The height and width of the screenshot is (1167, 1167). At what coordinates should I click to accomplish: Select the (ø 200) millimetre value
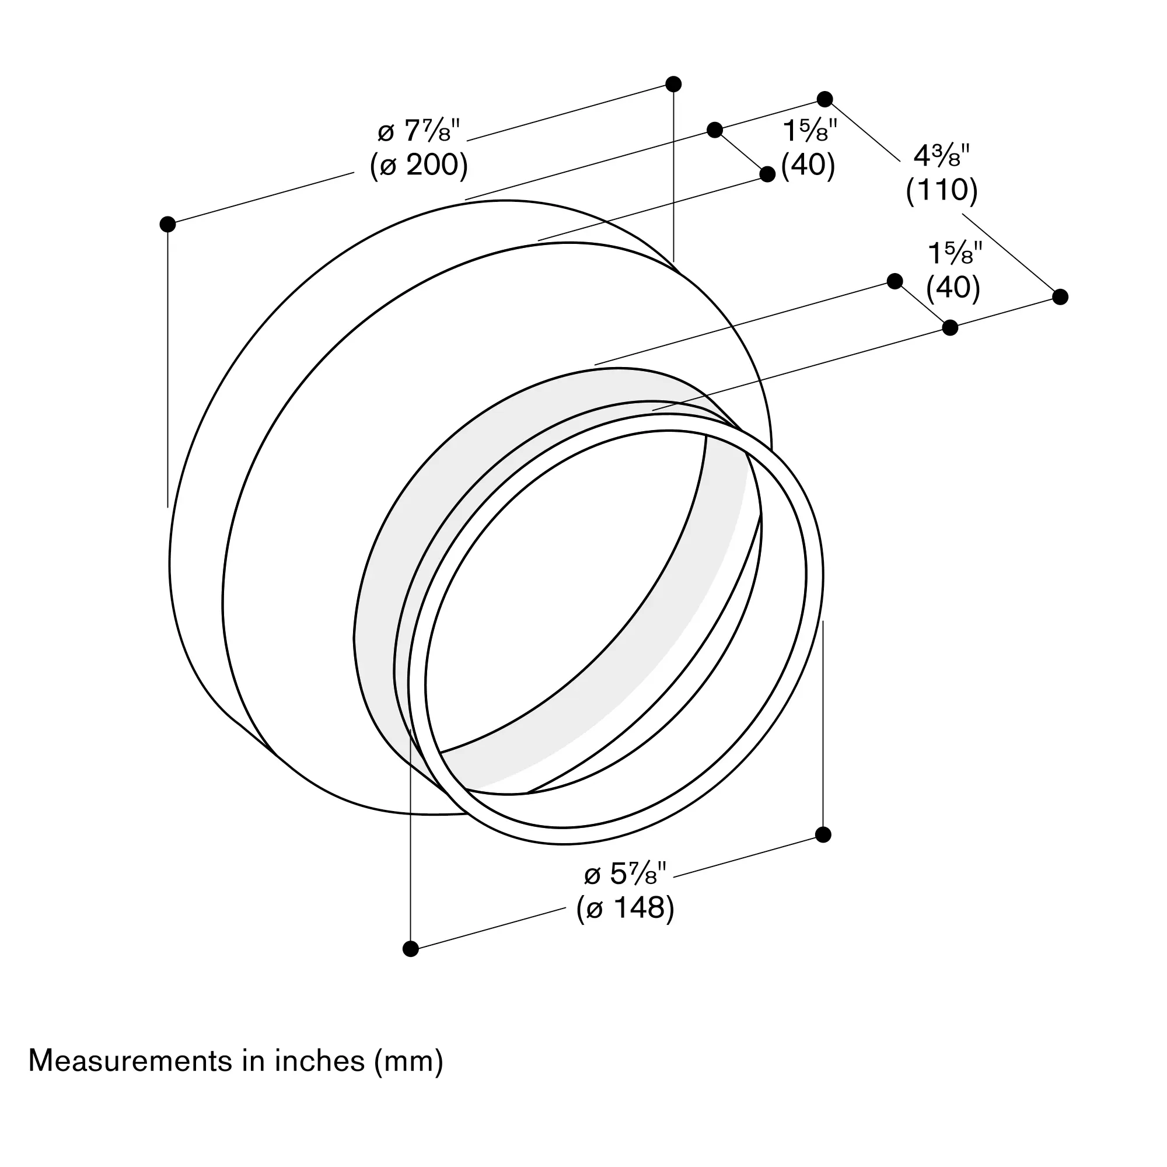click(418, 164)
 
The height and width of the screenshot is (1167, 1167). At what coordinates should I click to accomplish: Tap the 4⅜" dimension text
click(941, 157)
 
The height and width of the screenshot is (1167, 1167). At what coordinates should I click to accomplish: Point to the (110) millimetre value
click(941, 190)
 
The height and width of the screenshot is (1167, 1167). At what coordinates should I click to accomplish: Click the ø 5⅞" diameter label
click(625, 873)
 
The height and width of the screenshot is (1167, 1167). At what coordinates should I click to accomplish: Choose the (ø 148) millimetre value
click(625, 908)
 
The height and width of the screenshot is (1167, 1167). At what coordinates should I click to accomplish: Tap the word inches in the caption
click(320, 1061)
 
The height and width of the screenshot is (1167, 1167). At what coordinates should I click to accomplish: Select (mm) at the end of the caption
click(409, 1062)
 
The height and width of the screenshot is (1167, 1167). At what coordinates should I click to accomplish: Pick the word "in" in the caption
click(254, 1061)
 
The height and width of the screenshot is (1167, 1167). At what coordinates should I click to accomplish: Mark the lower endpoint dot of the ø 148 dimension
click(411, 949)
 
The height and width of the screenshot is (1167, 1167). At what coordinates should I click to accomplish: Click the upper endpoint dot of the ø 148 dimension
click(823, 835)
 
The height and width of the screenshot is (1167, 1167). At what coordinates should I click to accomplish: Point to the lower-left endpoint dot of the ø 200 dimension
click(167, 224)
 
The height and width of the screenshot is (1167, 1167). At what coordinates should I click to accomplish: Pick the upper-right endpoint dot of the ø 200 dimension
click(673, 84)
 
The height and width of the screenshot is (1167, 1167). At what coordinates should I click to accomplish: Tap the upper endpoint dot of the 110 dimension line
click(824, 99)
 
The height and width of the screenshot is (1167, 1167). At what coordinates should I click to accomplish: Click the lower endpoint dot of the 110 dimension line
click(1060, 296)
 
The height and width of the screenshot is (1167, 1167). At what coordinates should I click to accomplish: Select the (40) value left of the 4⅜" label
click(808, 165)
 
